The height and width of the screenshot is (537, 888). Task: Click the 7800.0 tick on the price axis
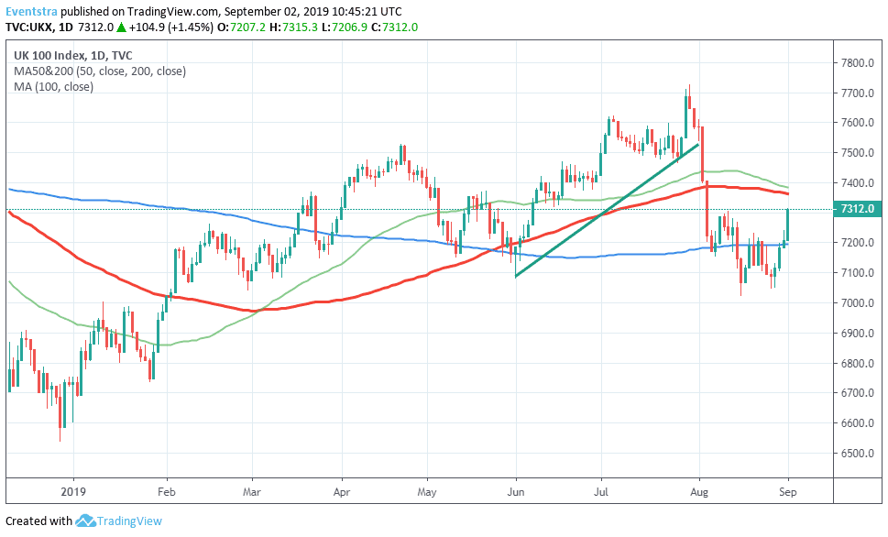(x=860, y=63)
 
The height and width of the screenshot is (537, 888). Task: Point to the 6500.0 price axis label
(x=860, y=454)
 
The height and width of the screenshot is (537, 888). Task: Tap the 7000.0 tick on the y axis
(x=860, y=303)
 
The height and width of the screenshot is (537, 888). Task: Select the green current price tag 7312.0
(x=860, y=209)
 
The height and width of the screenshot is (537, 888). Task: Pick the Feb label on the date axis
(x=167, y=490)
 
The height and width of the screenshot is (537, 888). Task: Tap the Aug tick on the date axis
(x=699, y=490)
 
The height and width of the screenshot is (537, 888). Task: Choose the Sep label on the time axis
(x=788, y=490)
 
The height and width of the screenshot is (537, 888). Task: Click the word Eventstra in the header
(x=33, y=11)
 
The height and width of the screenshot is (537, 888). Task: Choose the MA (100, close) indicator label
(x=53, y=86)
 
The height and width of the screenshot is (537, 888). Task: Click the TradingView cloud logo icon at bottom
(x=85, y=521)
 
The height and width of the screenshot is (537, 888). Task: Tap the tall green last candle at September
(x=788, y=225)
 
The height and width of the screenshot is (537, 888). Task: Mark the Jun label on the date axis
(x=516, y=490)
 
